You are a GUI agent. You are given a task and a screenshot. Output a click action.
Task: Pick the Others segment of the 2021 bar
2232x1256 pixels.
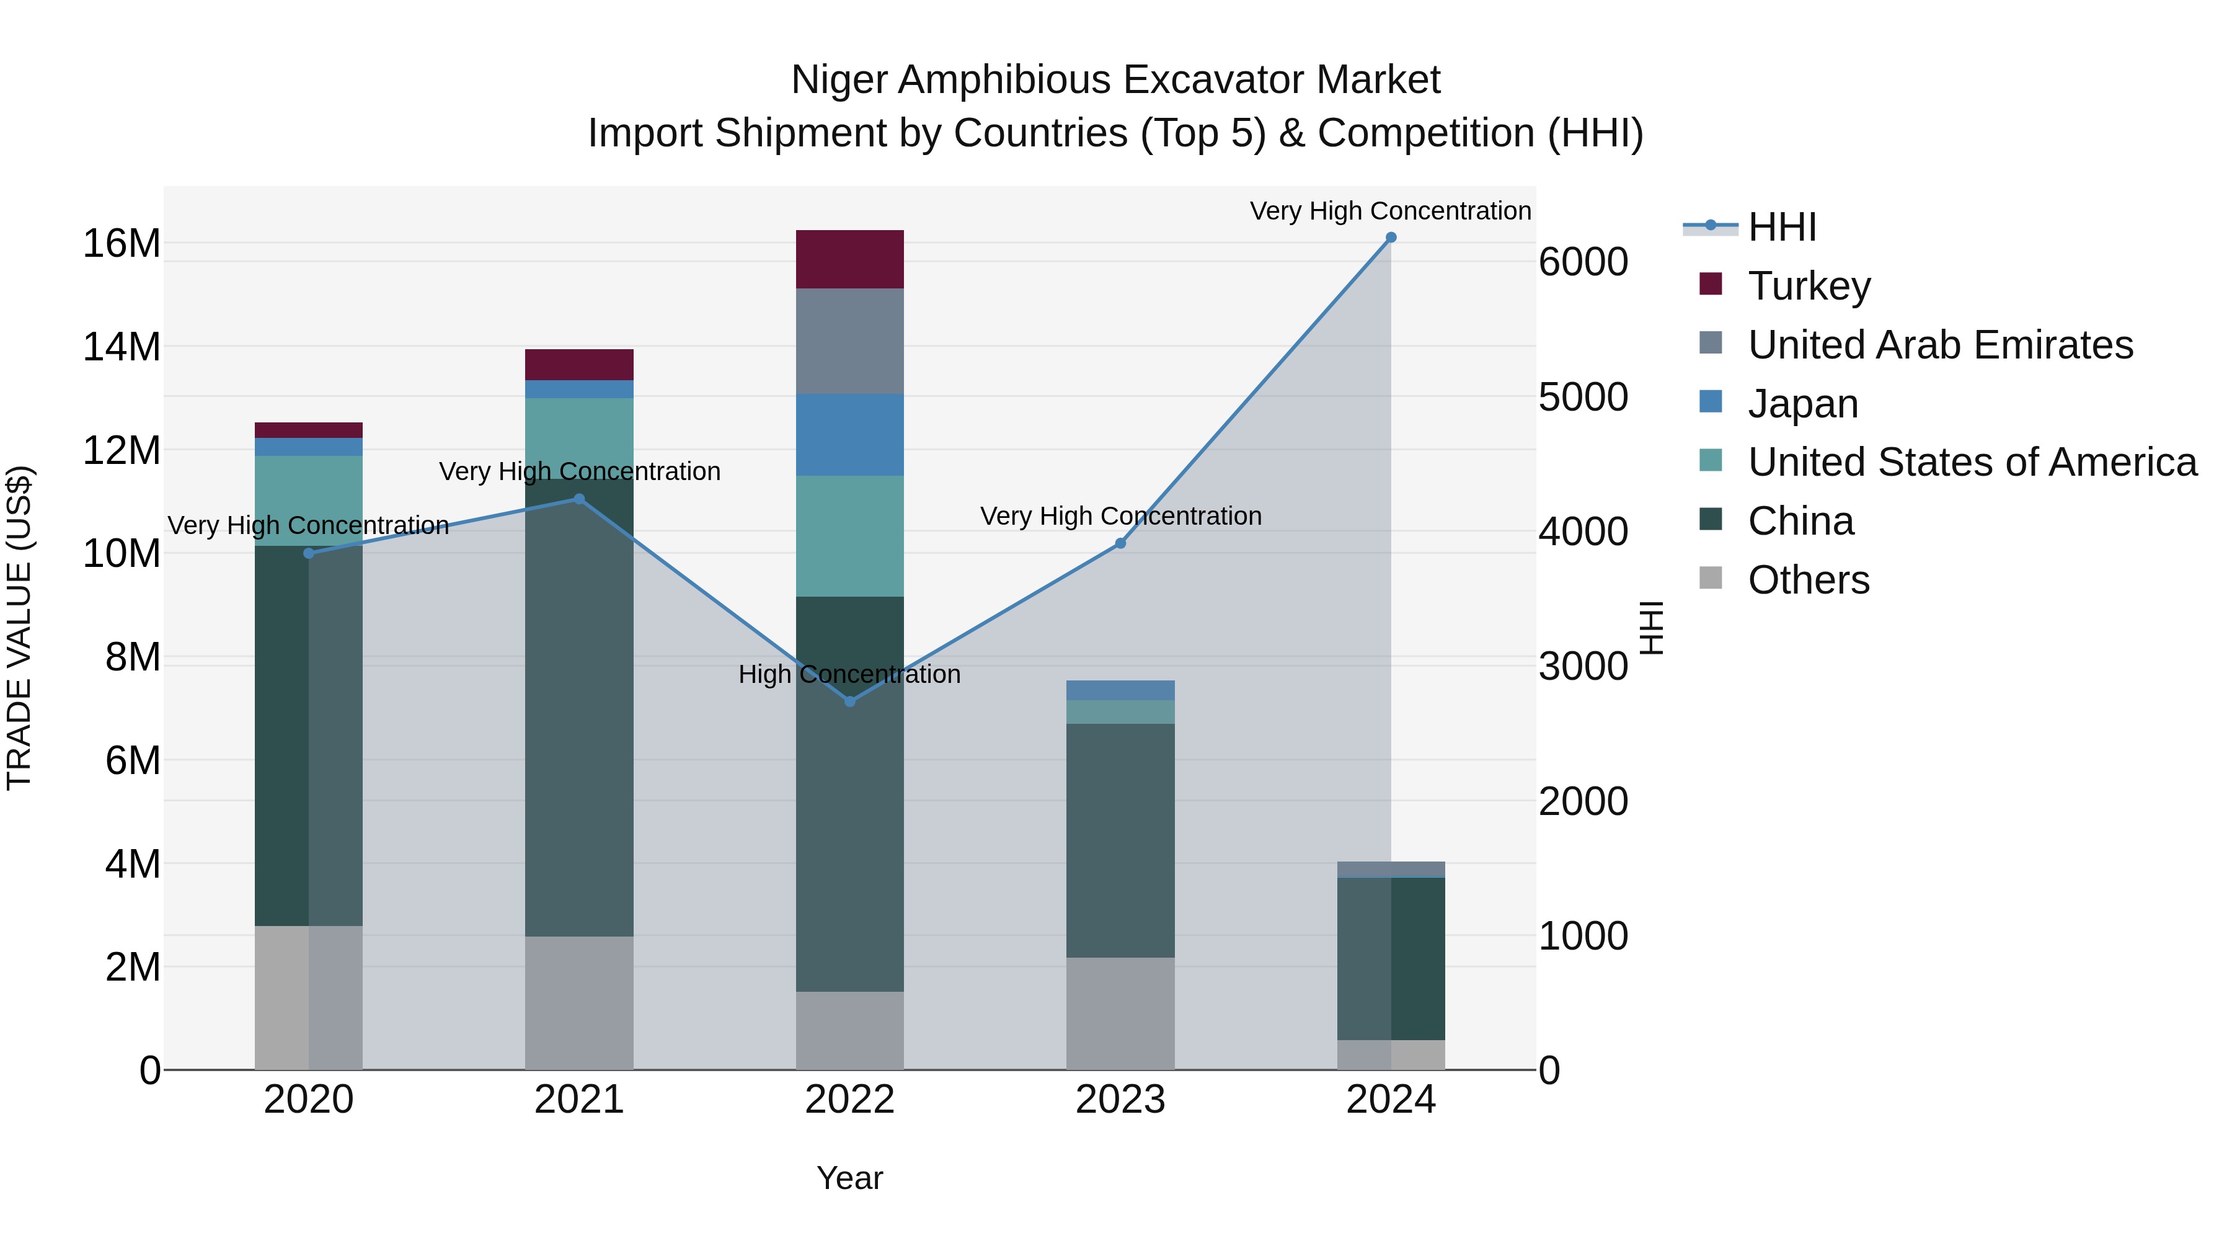pos(579,1002)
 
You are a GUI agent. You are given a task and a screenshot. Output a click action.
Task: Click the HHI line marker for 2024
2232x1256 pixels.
pos(1391,238)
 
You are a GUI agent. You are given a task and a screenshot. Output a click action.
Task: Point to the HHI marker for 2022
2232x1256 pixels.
pos(850,701)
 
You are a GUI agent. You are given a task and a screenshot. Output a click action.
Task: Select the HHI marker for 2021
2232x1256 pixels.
pos(580,499)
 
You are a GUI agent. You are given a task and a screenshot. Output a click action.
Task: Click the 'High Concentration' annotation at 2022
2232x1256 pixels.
pos(849,674)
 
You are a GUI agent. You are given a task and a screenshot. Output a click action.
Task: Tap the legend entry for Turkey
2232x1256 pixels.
pos(1809,286)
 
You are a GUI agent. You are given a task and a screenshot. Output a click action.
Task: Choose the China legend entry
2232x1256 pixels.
pos(1800,521)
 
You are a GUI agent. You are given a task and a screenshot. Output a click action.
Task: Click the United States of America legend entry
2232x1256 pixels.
pos(1971,462)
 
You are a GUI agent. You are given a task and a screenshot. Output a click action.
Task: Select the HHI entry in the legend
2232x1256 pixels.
pos(1781,227)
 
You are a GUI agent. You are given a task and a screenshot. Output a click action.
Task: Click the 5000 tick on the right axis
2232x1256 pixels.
pos(1583,397)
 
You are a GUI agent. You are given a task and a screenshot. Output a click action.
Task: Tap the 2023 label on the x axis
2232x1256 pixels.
pos(1120,1100)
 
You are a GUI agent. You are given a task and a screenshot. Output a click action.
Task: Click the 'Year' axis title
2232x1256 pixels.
pos(849,1178)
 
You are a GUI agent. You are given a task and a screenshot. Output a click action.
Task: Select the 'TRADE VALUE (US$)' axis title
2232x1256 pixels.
pos(19,628)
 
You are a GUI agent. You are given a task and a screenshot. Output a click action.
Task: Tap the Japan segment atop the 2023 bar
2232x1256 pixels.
pos(1120,690)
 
